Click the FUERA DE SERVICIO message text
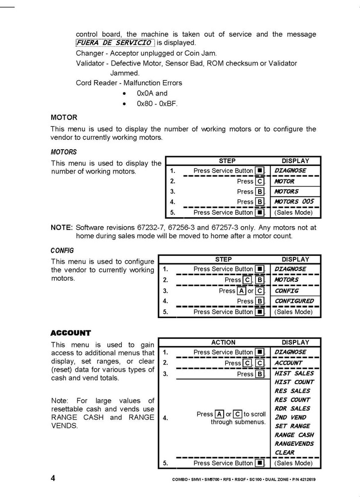point(115,43)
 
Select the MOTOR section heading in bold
point(64,118)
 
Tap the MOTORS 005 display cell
point(294,202)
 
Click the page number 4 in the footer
point(53,479)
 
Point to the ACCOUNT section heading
point(71,333)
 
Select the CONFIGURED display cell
point(294,301)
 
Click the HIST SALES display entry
point(294,373)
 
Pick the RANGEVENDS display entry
point(294,444)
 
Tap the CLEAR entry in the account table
point(285,453)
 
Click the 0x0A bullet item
point(152,93)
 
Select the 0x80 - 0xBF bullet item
point(157,104)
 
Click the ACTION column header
point(223,342)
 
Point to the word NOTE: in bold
point(62,227)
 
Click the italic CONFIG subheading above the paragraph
point(62,251)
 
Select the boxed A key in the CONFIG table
point(241,291)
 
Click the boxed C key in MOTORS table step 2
point(260,181)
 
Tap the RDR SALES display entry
point(292,409)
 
